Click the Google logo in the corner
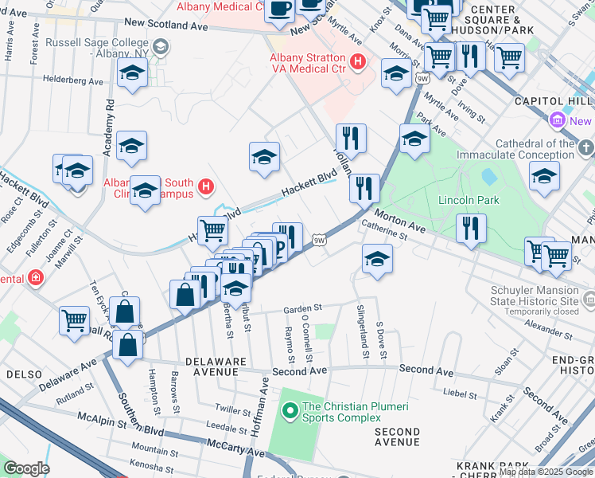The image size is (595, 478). click(26, 468)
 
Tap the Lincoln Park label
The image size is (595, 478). click(469, 200)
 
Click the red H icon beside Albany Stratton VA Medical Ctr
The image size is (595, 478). click(357, 60)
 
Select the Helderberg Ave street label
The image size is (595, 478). click(74, 81)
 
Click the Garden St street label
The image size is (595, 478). click(302, 309)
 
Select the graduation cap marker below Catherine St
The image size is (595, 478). click(377, 259)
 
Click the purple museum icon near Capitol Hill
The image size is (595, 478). click(557, 121)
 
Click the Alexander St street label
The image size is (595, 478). click(545, 327)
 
